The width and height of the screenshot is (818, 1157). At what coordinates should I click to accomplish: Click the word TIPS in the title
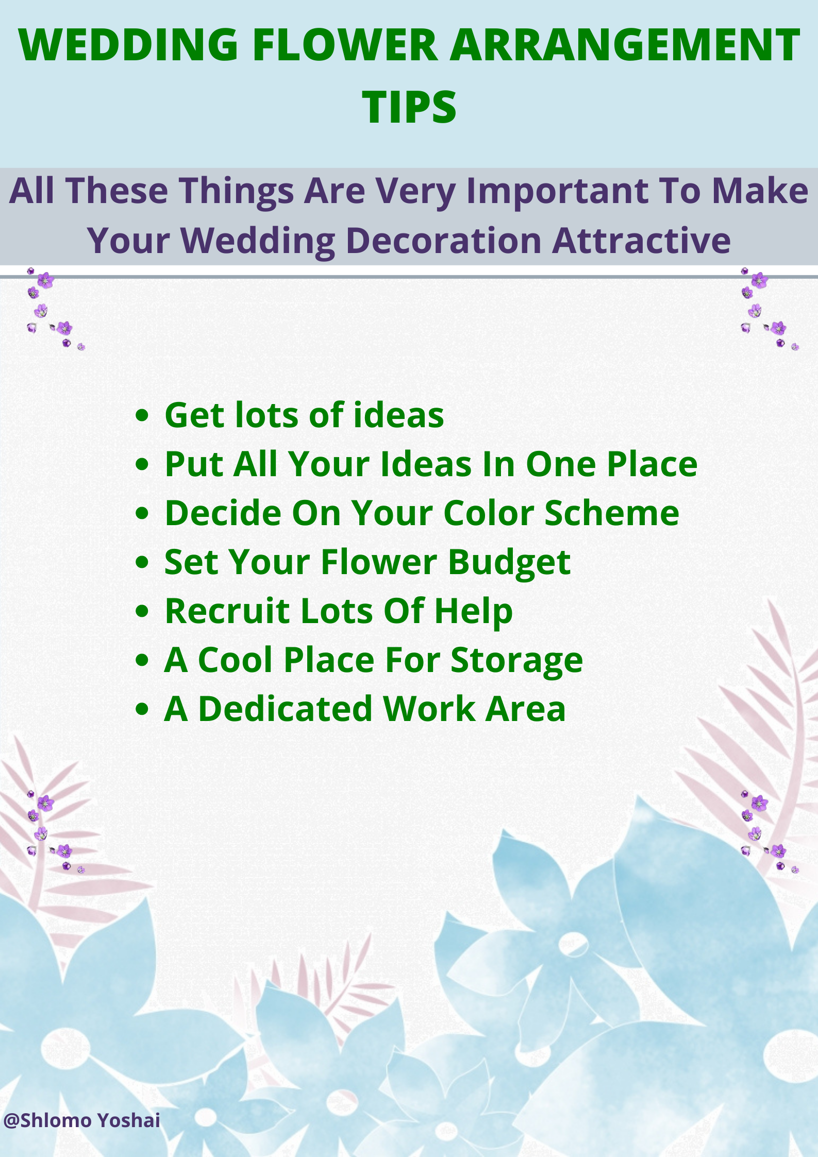click(409, 107)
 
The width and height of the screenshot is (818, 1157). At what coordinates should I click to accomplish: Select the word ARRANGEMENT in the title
click(625, 45)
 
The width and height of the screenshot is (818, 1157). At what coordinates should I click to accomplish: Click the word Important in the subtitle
click(557, 191)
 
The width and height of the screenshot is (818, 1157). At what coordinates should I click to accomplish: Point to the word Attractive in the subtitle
click(641, 241)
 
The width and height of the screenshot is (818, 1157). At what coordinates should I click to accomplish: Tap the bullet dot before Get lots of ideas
click(142, 415)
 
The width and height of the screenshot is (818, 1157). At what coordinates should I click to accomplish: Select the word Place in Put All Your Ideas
click(652, 464)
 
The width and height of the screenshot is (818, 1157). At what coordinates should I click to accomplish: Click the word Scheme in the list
click(612, 513)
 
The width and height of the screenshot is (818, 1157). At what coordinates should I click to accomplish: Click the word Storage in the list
click(516, 661)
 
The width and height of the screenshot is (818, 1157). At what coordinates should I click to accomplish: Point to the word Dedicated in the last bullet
click(285, 709)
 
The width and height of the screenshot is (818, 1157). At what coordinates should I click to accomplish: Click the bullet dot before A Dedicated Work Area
click(142, 709)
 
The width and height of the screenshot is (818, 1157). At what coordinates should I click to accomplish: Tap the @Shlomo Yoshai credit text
click(81, 1120)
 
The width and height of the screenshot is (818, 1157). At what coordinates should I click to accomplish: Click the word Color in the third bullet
click(489, 513)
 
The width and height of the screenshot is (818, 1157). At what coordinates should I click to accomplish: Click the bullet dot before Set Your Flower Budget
click(142, 562)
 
